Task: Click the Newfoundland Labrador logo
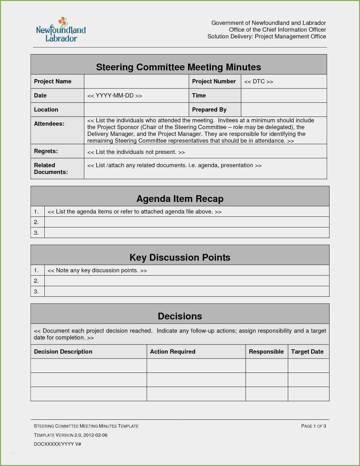pyautogui.click(x=61, y=30)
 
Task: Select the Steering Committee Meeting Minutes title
pyautogui.click(x=178, y=67)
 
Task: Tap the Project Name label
pyautogui.click(x=53, y=81)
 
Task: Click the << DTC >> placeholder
pyautogui.click(x=259, y=82)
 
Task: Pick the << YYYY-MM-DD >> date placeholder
pyautogui.click(x=115, y=95)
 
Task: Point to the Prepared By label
pyautogui.click(x=209, y=110)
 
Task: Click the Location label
pyautogui.click(x=46, y=110)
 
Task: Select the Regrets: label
pyautogui.click(x=46, y=151)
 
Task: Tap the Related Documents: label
pyautogui.click(x=51, y=169)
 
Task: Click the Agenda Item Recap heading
pyautogui.click(x=180, y=199)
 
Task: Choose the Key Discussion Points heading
pyautogui.click(x=180, y=257)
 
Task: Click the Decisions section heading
pyautogui.click(x=180, y=316)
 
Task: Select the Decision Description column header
pyautogui.click(x=63, y=352)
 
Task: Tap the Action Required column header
pyautogui.click(x=173, y=352)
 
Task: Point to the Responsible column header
pyautogui.click(x=266, y=352)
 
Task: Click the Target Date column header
pyautogui.click(x=307, y=352)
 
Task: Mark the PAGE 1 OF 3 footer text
pyautogui.click(x=313, y=426)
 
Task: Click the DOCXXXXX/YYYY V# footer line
pyautogui.click(x=57, y=444)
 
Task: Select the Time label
pyautogui.click(x=199, y=95)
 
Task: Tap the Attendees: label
pyautogui.click(x=49, y=124)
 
